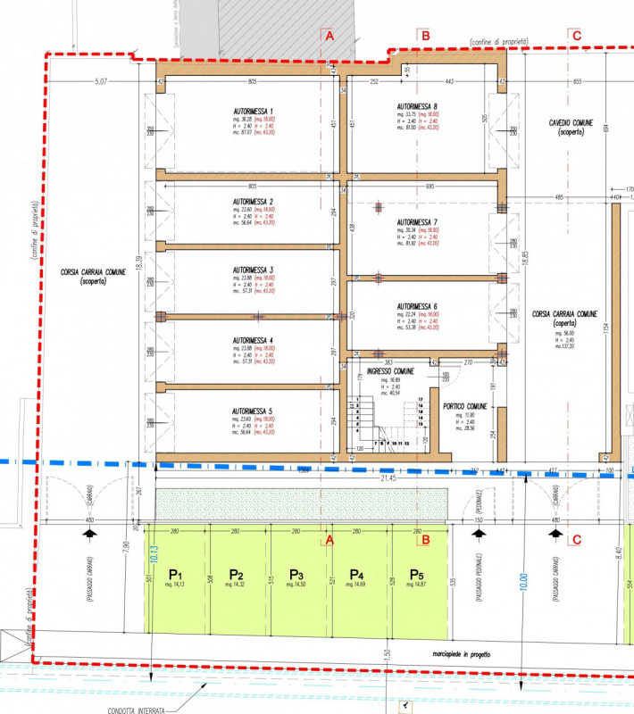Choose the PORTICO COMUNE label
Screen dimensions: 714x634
click(465, 406)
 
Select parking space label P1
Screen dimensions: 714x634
click(176, 574)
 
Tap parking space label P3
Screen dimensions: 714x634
click(296, 574)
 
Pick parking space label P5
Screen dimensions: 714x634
click(416, 574)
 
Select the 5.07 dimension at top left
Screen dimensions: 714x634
click(100, 82)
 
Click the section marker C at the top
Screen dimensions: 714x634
click(576, 36)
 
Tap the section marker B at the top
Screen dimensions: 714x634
click(426, 36)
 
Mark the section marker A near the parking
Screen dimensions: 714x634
click(329, 540)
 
